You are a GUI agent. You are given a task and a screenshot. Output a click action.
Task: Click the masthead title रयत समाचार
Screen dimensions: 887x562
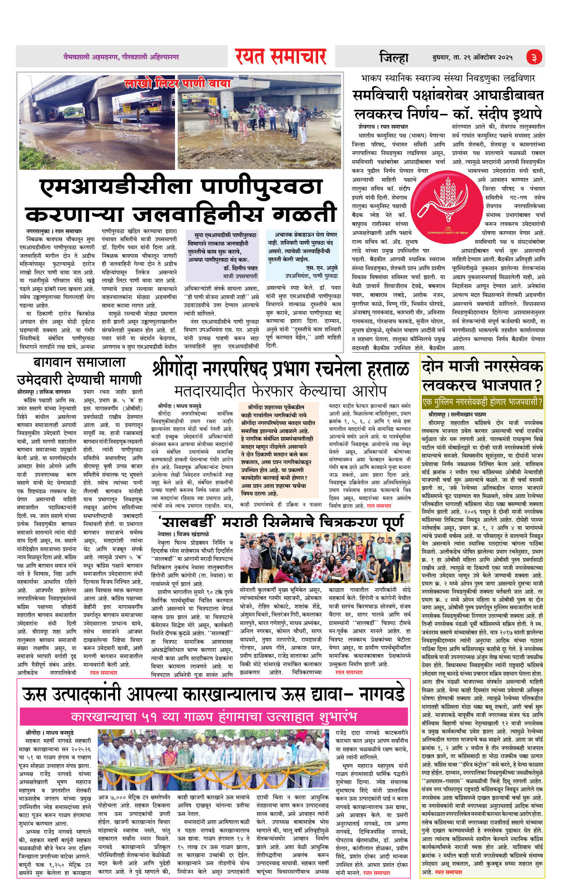pyautogui.click(x=280, y=57)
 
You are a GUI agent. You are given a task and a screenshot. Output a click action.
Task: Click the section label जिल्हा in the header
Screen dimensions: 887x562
pyautogui.click(x=394, y=57)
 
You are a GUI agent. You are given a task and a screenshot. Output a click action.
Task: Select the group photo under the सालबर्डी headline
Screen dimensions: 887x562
pyautogui.click(x=325, y=558)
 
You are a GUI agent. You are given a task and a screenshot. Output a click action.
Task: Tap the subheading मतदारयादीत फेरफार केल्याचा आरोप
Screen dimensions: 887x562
pyautogui.click(x=280, y=391)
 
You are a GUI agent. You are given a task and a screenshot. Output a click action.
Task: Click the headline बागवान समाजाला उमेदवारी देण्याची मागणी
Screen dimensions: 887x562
pyautogui.click(x=79, y=371)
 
